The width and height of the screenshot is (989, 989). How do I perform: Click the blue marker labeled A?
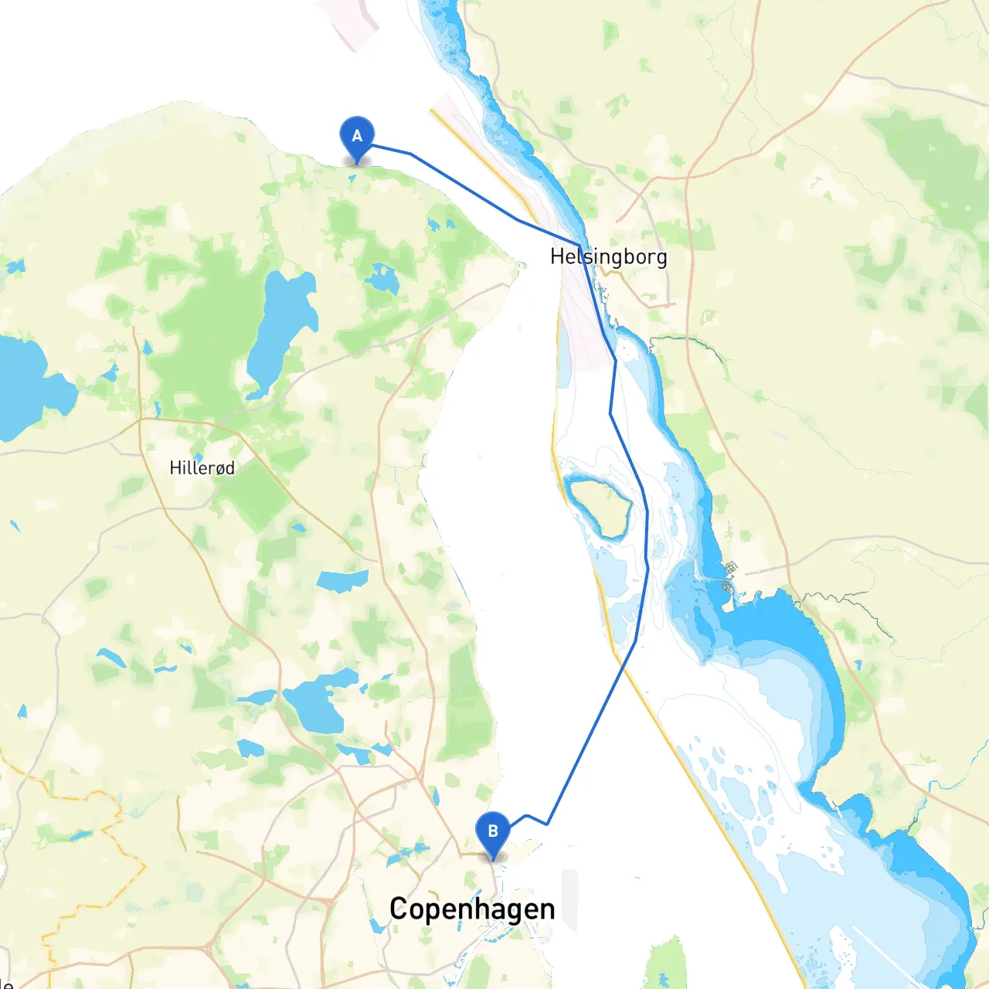pos(357,137)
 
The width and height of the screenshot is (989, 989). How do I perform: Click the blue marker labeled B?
pos(493,832)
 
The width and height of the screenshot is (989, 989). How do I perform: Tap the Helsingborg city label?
pos(608,257)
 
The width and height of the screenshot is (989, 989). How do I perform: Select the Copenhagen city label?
pos(472,909)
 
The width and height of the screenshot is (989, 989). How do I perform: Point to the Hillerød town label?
pos(202,467)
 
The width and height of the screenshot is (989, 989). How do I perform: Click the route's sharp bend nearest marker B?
pos(547,824)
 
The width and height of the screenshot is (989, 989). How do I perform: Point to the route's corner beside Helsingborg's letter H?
pos(579,246)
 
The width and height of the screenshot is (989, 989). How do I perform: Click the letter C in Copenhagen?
pos(398,909)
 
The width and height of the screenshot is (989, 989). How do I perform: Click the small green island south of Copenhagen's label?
pos(666,966)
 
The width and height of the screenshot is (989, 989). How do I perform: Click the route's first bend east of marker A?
pos(410,154)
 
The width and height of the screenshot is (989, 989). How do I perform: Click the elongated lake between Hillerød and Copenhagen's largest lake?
pos(342,580)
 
